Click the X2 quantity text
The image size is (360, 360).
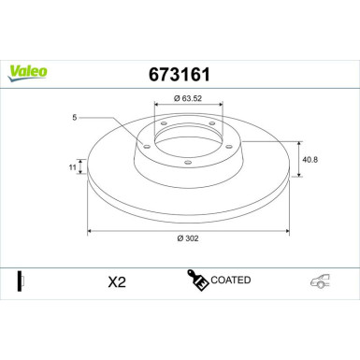point(118,281)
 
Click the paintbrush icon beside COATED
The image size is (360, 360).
point(198,281)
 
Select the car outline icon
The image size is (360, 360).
point(321,281)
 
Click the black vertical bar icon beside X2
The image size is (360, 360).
point(20,280)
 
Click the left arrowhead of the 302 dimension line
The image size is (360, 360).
point(90,230)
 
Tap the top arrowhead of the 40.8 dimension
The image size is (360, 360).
point(297,142)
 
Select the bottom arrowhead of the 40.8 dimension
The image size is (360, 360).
point(297,177)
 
